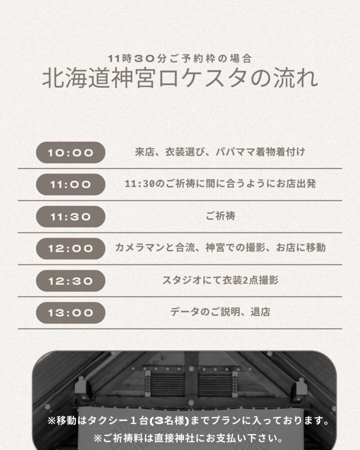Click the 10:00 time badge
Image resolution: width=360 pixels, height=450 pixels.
pyautogui.click(x=71, y=153)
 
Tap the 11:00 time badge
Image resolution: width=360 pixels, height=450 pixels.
pyautogui.click(x=71, y=184)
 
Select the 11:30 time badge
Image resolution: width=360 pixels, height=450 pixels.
pyautogui.click(x=71, y=216)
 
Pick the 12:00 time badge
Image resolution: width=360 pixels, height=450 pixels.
pyautogui.click(x=71, y=248)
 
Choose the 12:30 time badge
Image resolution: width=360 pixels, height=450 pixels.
pyautogui.click(x=71, y=281)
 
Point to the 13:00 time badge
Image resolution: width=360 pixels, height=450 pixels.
pyautogui.click(x=71, y=313)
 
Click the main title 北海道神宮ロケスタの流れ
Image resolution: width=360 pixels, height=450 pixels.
pyautogui.click(x=180, y=78)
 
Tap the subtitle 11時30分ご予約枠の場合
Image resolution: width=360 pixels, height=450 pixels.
pyautogui.click(x=180, y=58)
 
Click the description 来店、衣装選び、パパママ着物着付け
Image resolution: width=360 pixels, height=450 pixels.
pyautogui.click(x=220, y=152)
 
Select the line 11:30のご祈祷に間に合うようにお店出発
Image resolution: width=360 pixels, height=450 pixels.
pyautogui.click(x=220, y=184)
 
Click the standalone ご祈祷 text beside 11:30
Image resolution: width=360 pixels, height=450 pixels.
pyautogui.click(x=220, y=216)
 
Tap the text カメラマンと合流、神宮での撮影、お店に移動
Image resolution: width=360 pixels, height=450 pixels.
pyautogui.click(x=220, y=247)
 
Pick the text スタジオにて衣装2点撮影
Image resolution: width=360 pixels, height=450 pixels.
pyautogui.click(x=220, y=280)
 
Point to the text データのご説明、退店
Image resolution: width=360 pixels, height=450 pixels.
pyautogui.click(x=220, y=312)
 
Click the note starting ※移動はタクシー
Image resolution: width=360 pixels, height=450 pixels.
pyautogui.click(x=189, y=421)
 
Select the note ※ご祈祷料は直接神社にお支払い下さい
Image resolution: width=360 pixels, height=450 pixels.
pyautogui.click(x=189, y=438)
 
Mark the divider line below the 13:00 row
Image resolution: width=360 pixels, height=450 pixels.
pyautogui.click(x=180, y=328)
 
